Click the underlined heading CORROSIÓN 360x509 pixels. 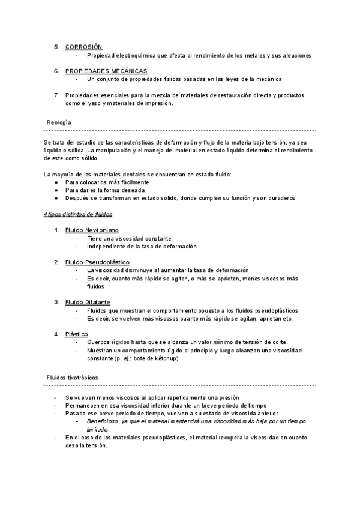pos(83,47)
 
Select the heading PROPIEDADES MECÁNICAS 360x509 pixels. pos(106,71)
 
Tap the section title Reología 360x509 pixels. pos(59,122)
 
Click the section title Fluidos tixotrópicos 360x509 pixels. pos(73,377)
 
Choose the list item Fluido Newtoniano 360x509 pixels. pos(92,230)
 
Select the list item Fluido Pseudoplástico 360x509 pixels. pos(97,262)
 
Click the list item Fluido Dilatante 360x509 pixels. pos(88,302)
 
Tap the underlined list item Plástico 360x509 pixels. pos(77,334)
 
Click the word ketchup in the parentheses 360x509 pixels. pos(166,358)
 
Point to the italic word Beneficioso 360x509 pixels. pos(106,422)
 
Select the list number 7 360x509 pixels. pos(56,95)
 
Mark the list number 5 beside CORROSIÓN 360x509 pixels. pos(56,47)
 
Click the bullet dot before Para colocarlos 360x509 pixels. pos(56,182)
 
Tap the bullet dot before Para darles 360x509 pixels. pos(56,190)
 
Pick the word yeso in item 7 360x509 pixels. pos(86,103)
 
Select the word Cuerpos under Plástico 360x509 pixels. pos(100,342)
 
